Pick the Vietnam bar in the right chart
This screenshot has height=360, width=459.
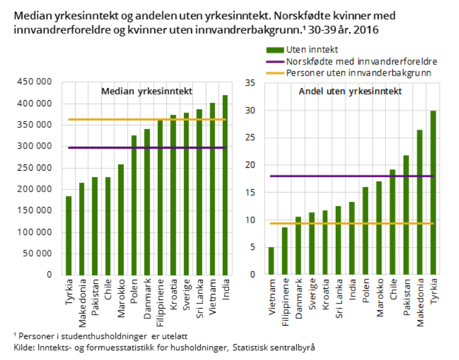point(271,261)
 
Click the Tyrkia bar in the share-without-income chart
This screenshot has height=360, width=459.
point(433,193)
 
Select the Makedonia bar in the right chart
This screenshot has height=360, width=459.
point(419,202)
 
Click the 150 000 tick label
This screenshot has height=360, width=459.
point(36,211)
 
